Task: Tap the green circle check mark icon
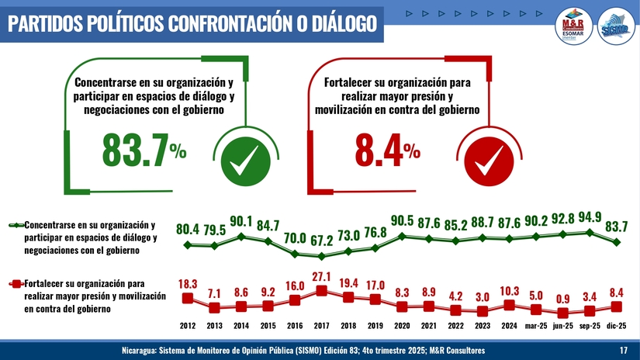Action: click(x=245, y=163)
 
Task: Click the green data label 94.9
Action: click(x=590, y=216)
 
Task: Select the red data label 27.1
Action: click(x=322, y=276)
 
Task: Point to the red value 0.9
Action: click(x=563, y=299)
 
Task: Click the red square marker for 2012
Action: click(x=187, y=298)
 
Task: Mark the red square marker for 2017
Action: click(x=322, y=291)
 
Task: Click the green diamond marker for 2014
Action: click(x=241, y=236)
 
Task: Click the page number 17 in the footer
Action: click(x=624, y=351)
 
